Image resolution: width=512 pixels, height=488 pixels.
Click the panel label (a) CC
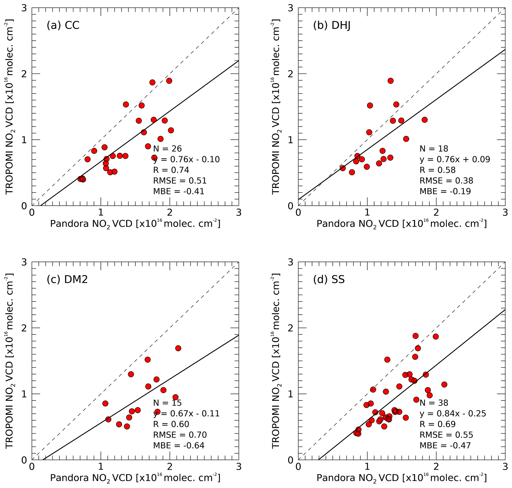click(63, 25)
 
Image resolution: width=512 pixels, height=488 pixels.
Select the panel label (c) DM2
click(67, 279)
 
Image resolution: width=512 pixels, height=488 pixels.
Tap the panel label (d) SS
click(329, 279)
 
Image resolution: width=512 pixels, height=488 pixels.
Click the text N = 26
click(167, 148)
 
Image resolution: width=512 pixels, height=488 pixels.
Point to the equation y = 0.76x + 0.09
click(455, 159)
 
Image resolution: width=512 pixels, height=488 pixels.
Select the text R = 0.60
click(171, 424)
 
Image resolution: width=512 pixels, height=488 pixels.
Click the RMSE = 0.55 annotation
click(446, 435)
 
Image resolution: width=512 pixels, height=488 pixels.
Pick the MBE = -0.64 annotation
click(179, 445)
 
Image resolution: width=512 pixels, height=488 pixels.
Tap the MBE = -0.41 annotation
click(179, 191)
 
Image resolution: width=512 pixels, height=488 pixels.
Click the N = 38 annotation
click(434, 403)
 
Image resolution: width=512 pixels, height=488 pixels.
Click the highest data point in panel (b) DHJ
click(390, 81)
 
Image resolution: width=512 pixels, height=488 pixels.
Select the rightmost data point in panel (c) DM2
click(178, 348)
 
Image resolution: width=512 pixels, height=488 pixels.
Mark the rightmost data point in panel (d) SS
click(444, 384)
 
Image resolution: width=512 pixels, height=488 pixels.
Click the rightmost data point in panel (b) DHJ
click(425, 120)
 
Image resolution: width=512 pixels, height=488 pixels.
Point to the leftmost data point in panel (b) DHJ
click(343, 168)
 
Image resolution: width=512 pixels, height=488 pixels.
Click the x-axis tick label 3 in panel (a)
click(239, 213)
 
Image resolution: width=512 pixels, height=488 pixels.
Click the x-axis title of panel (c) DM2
click(135, 478)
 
